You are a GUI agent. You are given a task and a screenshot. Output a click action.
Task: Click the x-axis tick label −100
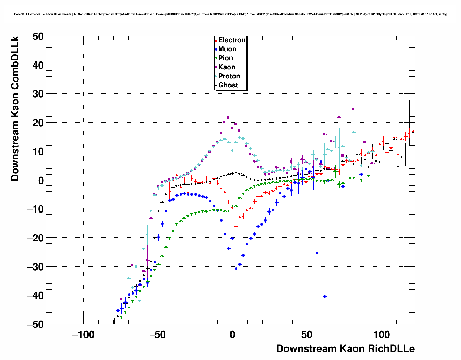coord(83,335)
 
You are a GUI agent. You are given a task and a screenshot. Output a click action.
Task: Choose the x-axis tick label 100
coord(382,335)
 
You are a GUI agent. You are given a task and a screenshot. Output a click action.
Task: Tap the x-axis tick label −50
coord(158,335)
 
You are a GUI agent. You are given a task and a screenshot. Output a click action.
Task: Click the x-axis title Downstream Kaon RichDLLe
coord(345,349)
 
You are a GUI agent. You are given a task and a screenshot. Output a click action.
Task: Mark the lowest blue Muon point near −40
coord(324,296)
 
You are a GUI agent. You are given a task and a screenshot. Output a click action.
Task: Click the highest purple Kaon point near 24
coord(354,109)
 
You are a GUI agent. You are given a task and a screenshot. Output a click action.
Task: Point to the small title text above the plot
coord(231,14)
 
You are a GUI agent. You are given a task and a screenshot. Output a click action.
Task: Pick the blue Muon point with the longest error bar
coord(317,253)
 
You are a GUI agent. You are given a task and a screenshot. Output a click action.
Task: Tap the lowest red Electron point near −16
coord(236,227)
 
